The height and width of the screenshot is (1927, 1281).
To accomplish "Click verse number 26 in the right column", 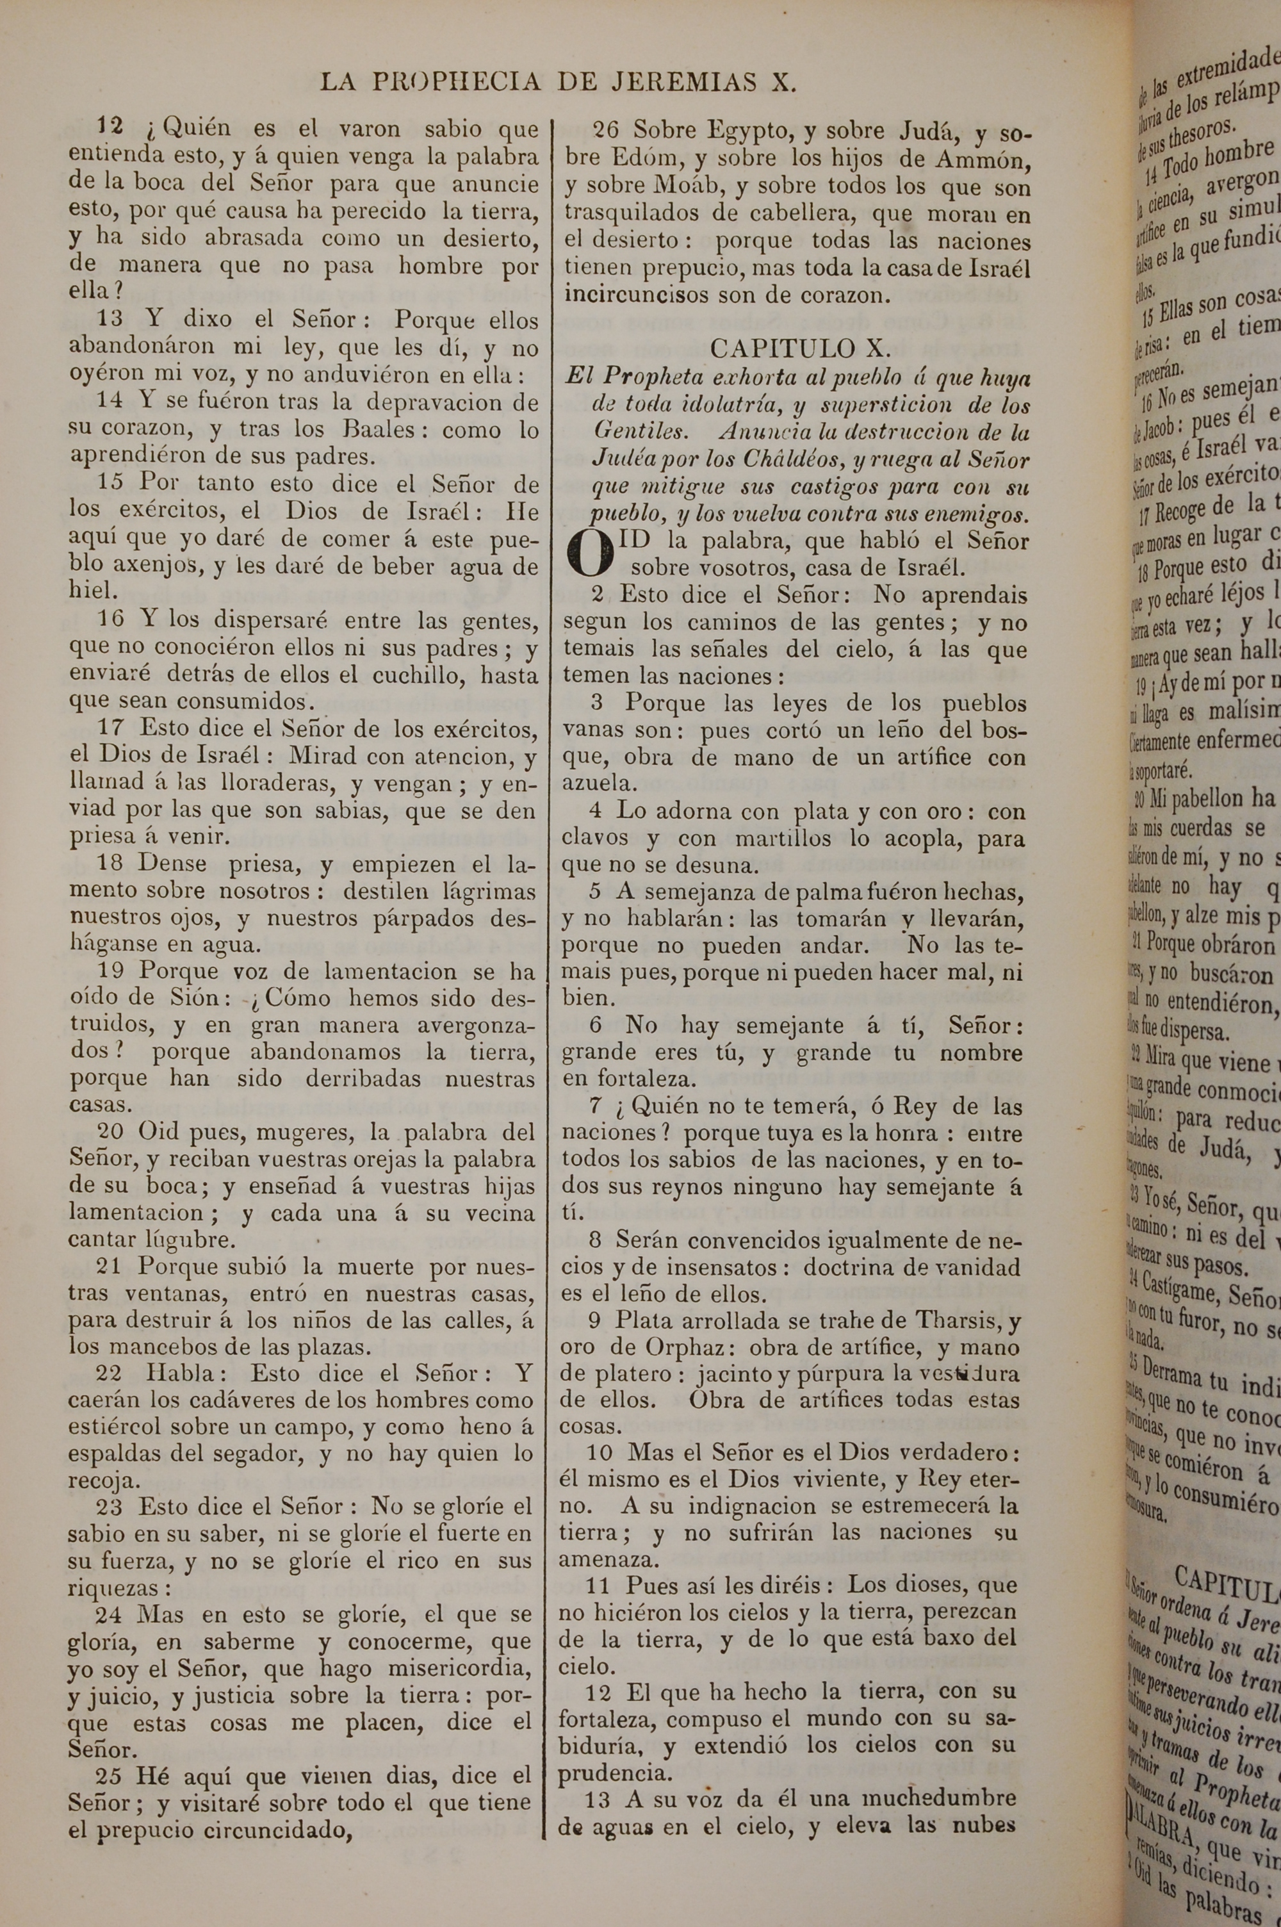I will [x=610, y=131].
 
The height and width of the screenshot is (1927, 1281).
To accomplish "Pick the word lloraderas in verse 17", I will [x=278, y=784].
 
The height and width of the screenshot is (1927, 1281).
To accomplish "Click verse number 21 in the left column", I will [x=111, y=1267].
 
